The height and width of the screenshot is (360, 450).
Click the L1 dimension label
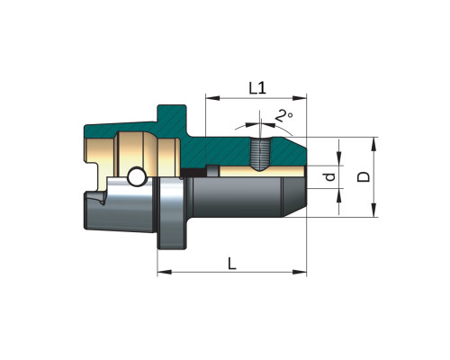257,88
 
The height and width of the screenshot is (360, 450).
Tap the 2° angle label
283,116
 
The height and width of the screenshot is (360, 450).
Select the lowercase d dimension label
330,177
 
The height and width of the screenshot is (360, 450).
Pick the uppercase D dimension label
364,177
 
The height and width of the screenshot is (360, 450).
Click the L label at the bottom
232,264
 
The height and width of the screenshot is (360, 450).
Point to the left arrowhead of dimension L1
212,98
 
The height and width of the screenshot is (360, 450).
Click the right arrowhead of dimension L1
300,98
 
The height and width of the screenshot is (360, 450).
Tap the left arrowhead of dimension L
165,272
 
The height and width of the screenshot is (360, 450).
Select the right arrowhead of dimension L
300,272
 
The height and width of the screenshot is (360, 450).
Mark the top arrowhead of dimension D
373,144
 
